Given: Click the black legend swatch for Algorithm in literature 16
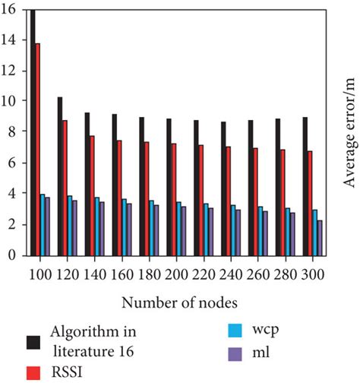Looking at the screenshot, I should coord(35,340).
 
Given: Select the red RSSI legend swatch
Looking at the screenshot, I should coord(35,372).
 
